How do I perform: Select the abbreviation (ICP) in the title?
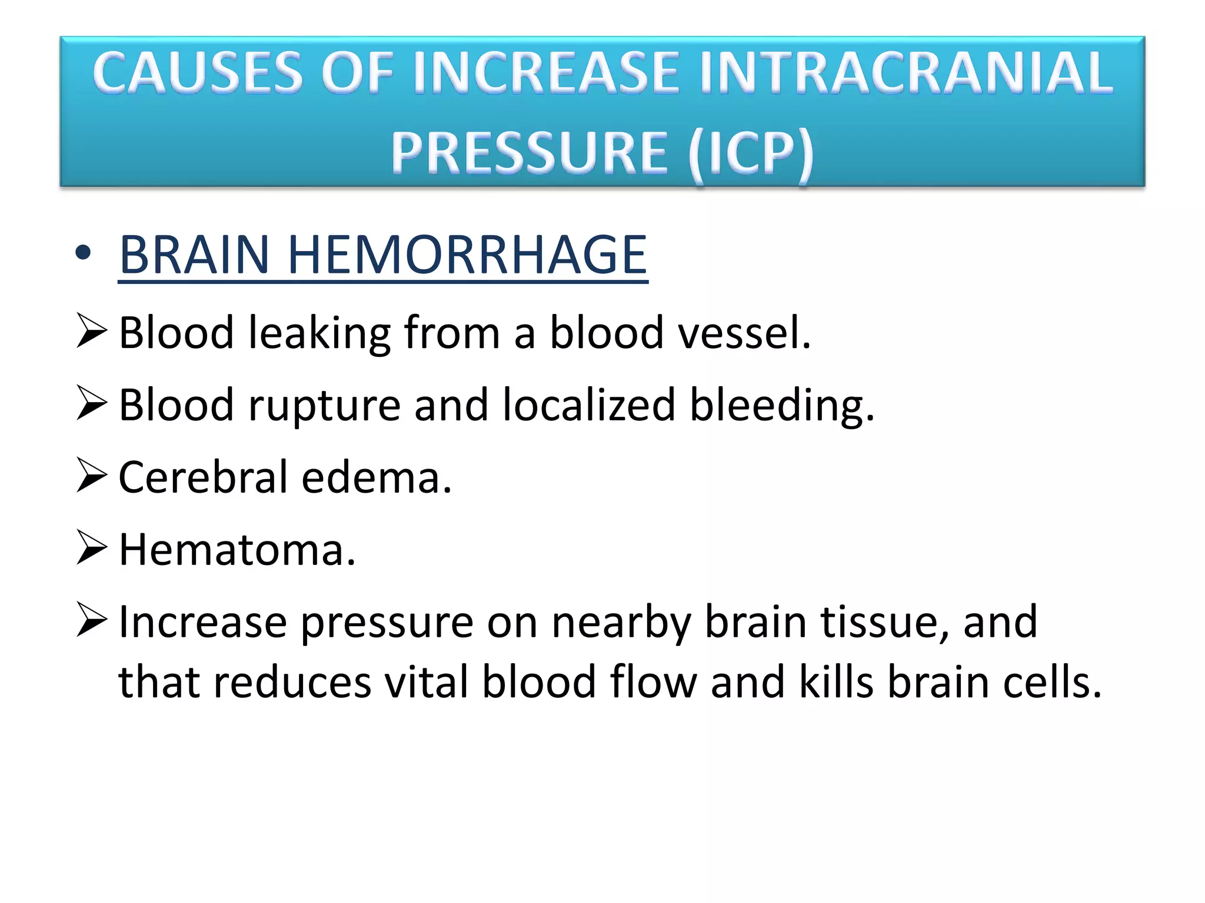point(751,153)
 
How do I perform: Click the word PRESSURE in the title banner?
point(530,153)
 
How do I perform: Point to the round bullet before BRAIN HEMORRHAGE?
point(84,253)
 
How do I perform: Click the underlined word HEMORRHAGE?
point(467,255)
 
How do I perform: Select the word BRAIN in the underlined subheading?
point(194,255)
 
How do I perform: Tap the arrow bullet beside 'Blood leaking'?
point(91,332)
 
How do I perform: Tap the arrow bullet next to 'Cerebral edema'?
point(91,476)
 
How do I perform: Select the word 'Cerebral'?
point(203,477)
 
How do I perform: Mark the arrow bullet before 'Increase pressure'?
point(91,621)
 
